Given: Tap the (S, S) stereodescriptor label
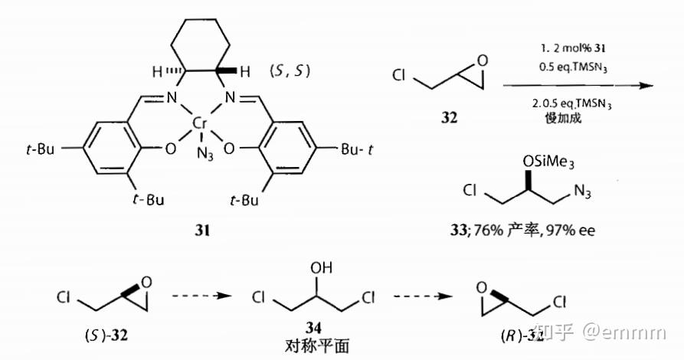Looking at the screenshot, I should [x=289, y=74].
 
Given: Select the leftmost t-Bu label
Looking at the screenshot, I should [x=40, y=149].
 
